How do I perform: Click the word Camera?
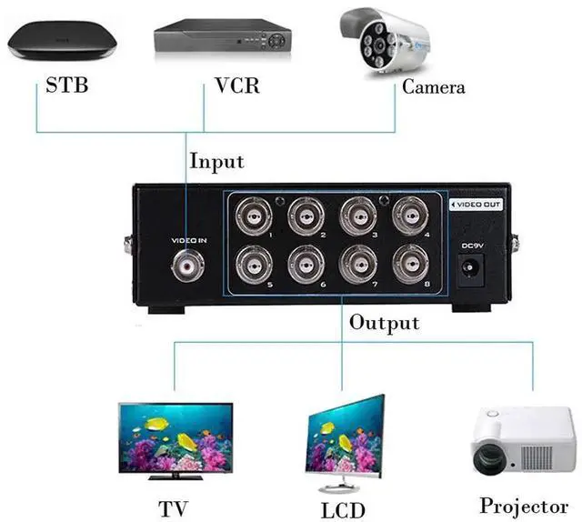pyautogui.click(x=433, y=87)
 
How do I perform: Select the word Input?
pyautogui.click(x=216, y=161)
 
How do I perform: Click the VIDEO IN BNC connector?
pyautogui.click(x=188, y=265)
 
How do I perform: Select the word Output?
pyautogui.click(x=385, y=323)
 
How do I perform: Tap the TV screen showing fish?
pyautogui.click(x=176, y=435)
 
